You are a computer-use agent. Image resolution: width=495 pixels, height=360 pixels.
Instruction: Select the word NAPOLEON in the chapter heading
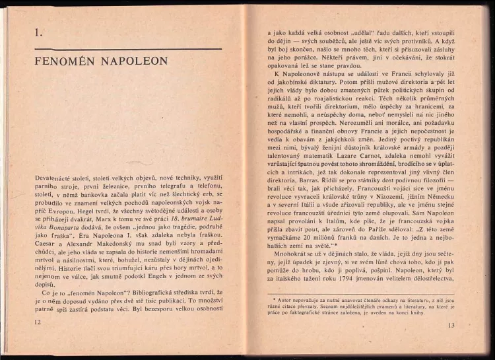137,61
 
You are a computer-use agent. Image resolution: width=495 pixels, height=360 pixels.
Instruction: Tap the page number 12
37,321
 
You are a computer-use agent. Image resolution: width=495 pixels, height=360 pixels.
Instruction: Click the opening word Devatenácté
55,180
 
